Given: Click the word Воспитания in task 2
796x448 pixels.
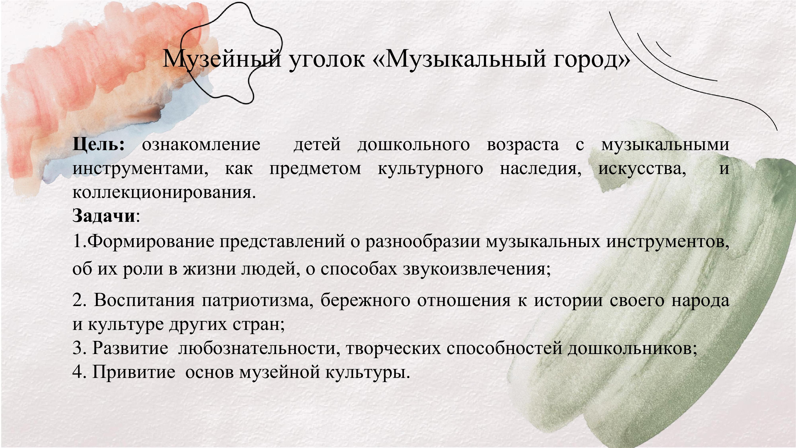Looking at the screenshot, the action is coord(144,300).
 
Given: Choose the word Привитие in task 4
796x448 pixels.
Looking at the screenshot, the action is coord(134,372).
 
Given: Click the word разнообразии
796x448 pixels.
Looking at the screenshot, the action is coord(423,242).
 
